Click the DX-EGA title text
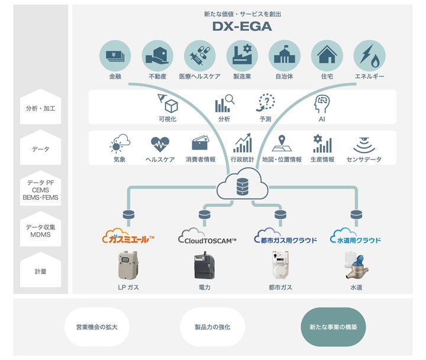pos(242,27)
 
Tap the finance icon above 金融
pos(115,56)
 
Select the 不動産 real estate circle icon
pos(157,56)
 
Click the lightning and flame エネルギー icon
pos(370,56)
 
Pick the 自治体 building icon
pos(285,56)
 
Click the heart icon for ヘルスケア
pos(160,144)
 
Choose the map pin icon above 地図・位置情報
pos(282,144)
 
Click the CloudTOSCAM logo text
pos(207,239)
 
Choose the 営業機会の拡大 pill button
pos(96,326)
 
